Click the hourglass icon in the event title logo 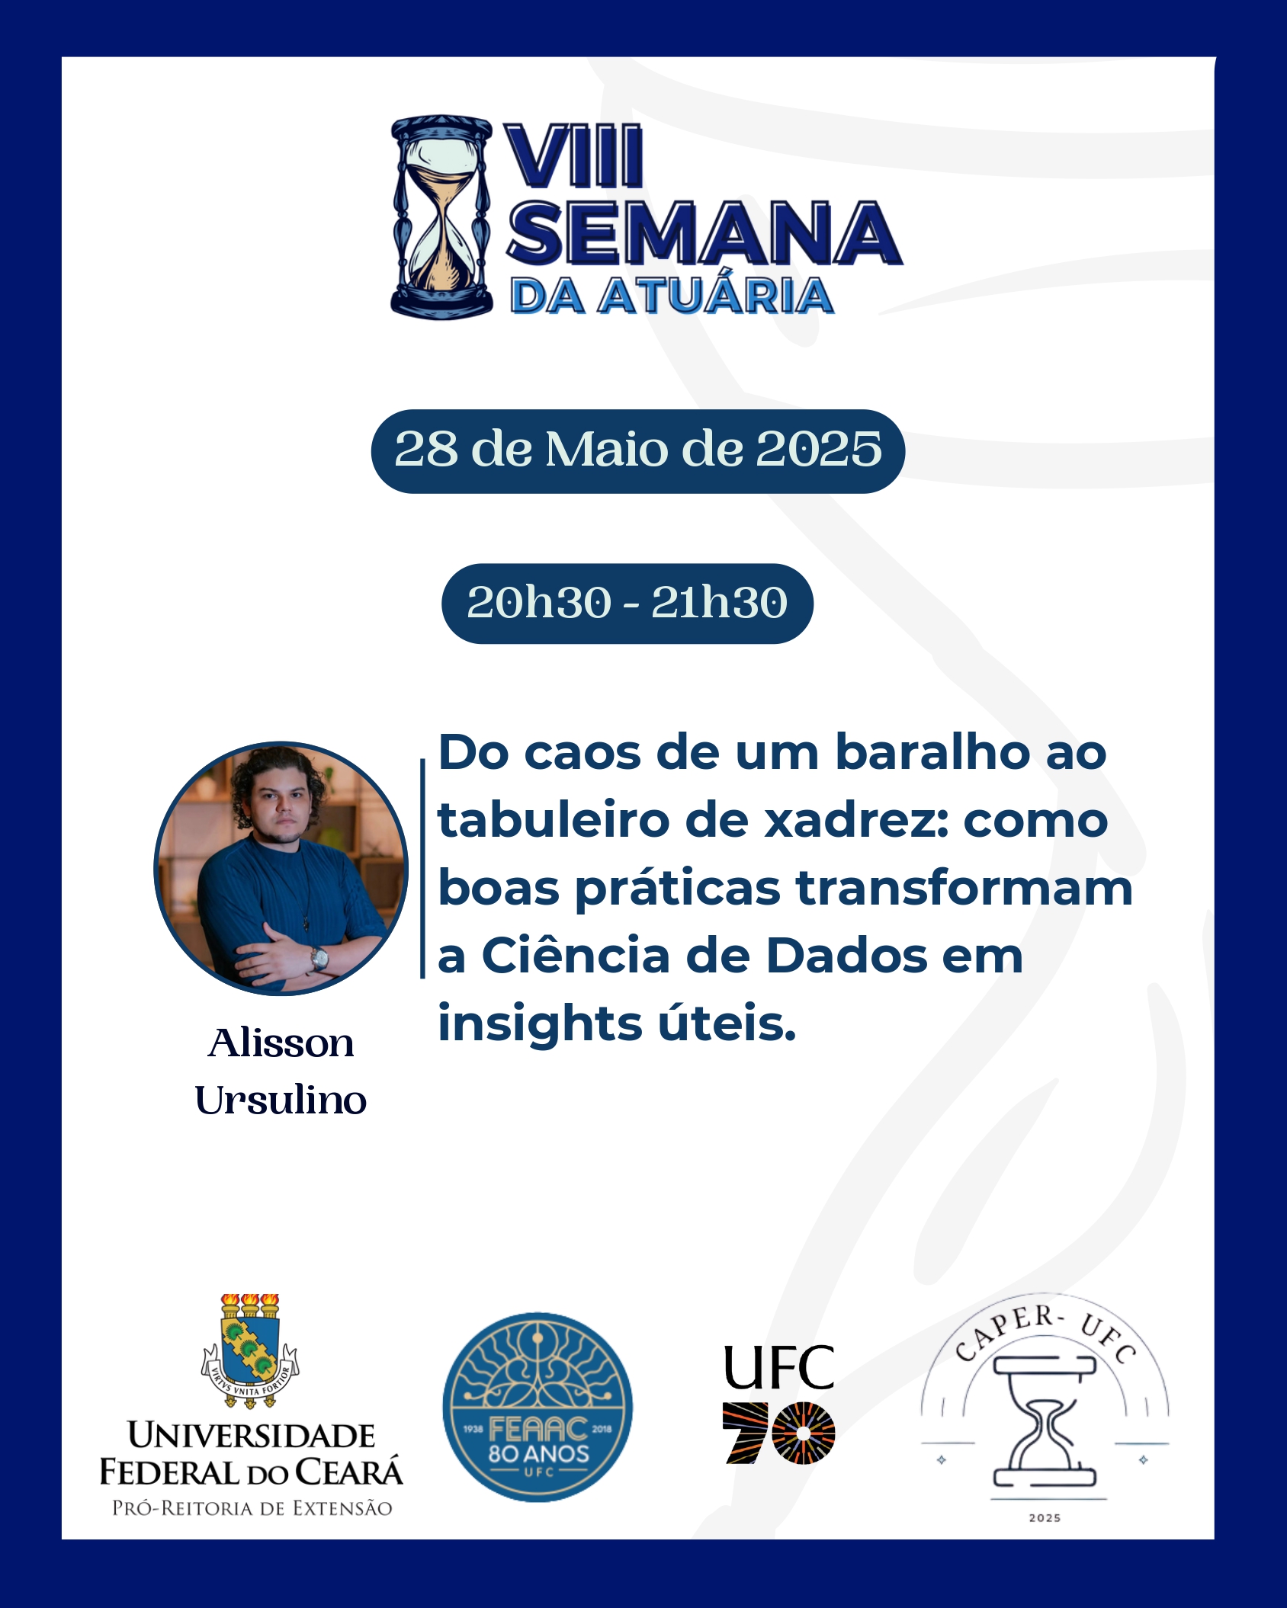441,217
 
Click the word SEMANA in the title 704,233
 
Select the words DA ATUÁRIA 672,296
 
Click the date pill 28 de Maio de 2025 638,451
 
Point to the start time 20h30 539,603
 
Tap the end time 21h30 719,603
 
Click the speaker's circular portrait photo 281,868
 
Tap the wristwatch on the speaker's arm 319,957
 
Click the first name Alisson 281,1043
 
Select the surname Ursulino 281,1100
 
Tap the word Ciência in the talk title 576,956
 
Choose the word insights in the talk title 540,1025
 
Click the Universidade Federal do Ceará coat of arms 250,1350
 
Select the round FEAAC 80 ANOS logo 538,1407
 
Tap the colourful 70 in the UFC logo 778,1433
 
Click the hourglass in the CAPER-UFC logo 1045,1421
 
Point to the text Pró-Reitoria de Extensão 252,1508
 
